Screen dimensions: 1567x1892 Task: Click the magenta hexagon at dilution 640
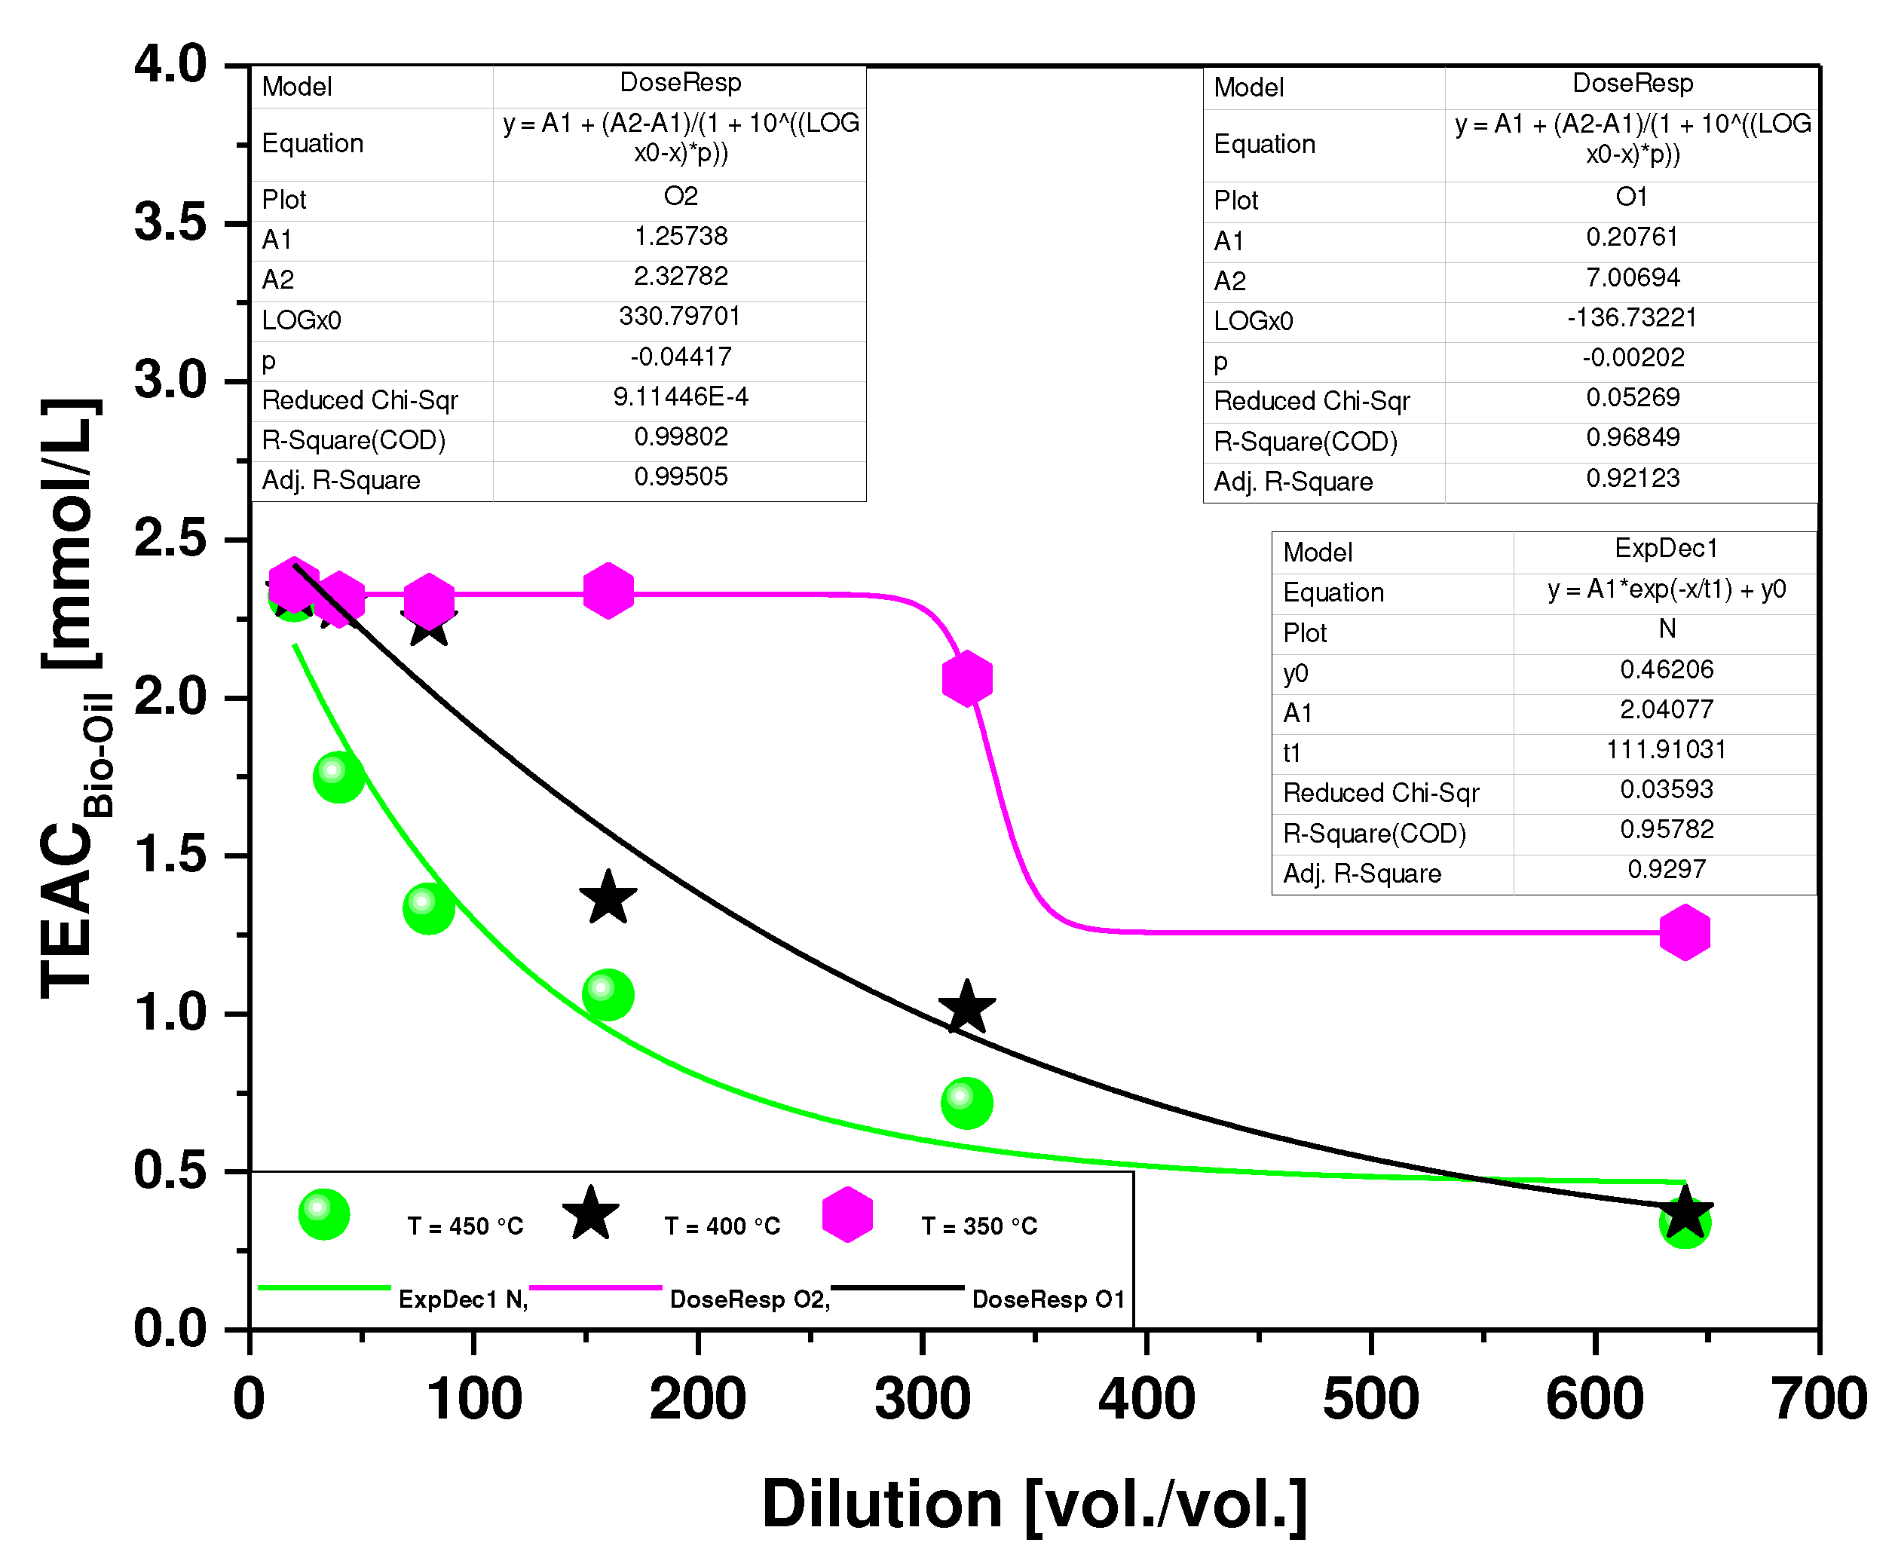1684,932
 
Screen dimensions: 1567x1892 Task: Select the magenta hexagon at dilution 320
966,678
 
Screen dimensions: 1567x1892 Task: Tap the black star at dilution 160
608,898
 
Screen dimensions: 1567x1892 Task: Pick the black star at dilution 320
966,1008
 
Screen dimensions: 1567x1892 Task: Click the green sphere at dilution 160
608,995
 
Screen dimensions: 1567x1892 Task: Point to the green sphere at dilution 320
966,1103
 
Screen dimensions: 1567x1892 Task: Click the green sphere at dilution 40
338,777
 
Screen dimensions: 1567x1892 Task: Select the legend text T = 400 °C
721,1226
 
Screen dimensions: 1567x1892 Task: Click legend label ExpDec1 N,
462,1299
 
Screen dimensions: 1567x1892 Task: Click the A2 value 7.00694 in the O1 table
1632,277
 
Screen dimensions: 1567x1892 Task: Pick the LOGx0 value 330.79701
679,317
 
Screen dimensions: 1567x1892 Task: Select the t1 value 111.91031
1666,750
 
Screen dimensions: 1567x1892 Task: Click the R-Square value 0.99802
680,437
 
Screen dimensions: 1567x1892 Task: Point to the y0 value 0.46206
1666,669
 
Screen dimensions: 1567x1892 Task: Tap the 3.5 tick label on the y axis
170,222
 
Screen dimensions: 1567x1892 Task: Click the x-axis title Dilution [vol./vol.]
1033,1505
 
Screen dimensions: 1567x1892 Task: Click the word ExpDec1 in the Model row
1666,548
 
